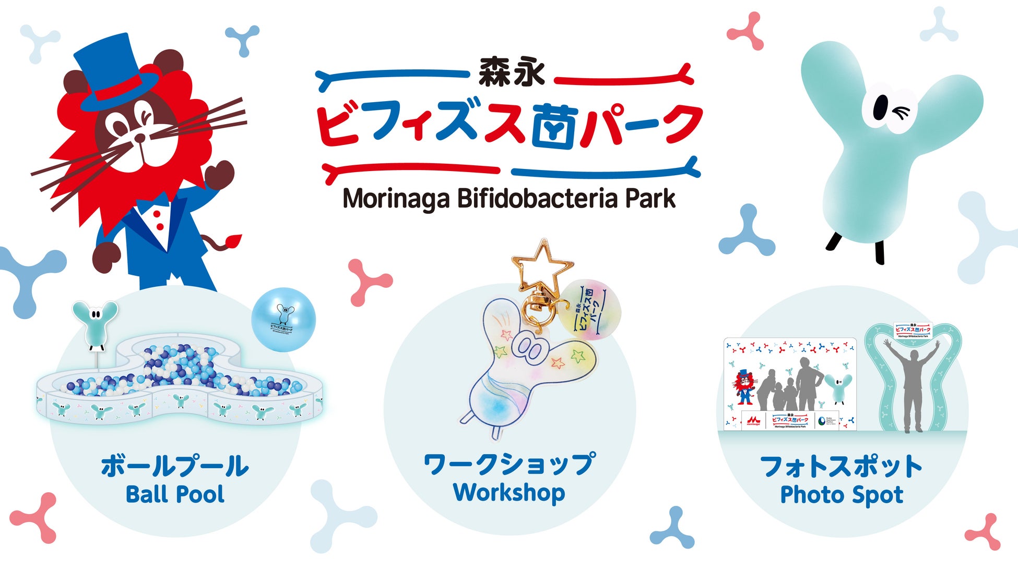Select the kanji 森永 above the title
[x=512, y=73]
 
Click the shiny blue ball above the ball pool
[x=283, y=319]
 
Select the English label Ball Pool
[x=175, y=494]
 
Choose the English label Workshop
[x=509, y=492]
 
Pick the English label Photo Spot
[x=842, y=495]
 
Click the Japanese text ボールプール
[x=175, y=466]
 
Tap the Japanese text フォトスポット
[x=842, y=466]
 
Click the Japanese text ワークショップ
[x=509, y=464]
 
